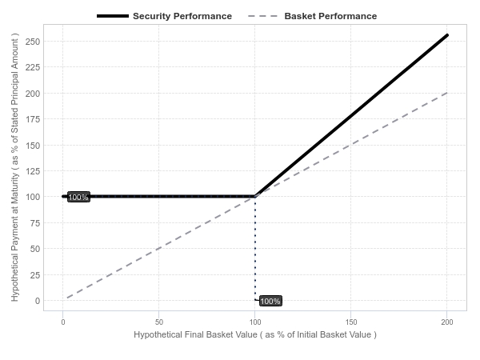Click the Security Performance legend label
[x=182, y=16]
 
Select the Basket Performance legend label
[x=330, y=16]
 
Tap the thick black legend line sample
[x=113, y=16]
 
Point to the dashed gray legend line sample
[x=262, y=16]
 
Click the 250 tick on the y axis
[x=33, y=42]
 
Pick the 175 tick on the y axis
[x=33, y=119]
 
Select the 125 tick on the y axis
[x=33, y=171]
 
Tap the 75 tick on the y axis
[x=35, y=223]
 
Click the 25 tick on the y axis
[x=35, y=275]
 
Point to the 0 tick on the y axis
[x=38, y=301]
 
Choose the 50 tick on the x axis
[x=159, y=322]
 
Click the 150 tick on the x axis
[x=351, y=322]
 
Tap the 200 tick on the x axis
[x=447, y=322]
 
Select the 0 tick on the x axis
[x=63, y=322]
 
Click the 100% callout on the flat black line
[x=78, y=197]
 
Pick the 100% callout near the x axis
[x=270, y=301]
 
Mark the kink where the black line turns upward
[x=255, y=196]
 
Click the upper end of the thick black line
[x=447, y=35]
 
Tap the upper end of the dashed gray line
[x=447, y=93]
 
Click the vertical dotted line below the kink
[x=255, y=248]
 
